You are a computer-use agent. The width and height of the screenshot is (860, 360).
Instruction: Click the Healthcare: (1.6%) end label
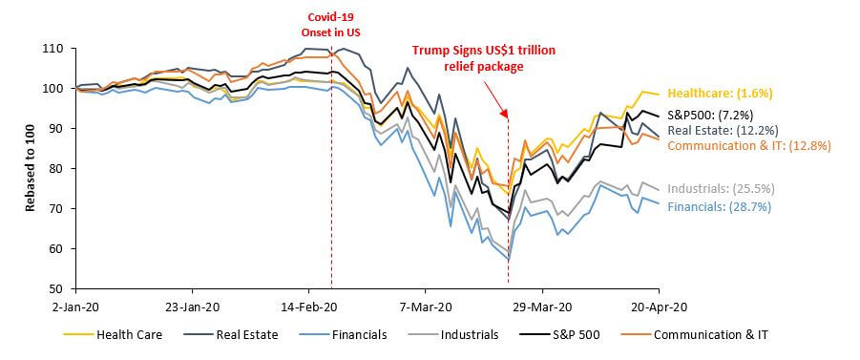point(720,94)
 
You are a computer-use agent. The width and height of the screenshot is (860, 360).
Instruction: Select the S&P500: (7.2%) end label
point(710,116)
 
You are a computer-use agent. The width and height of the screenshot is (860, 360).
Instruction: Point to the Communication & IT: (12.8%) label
point(749,146)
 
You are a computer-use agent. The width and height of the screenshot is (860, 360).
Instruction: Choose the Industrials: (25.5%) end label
point(721,189)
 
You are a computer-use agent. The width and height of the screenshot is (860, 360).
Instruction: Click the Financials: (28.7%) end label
point(719,207)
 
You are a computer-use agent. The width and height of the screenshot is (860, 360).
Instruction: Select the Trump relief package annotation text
point(484,58)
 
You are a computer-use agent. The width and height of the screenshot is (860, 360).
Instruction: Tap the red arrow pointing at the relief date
point(495,97)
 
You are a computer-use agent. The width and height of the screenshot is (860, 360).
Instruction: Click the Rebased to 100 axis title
point(30,169)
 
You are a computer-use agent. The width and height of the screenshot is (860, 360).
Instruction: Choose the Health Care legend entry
point(113,335)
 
